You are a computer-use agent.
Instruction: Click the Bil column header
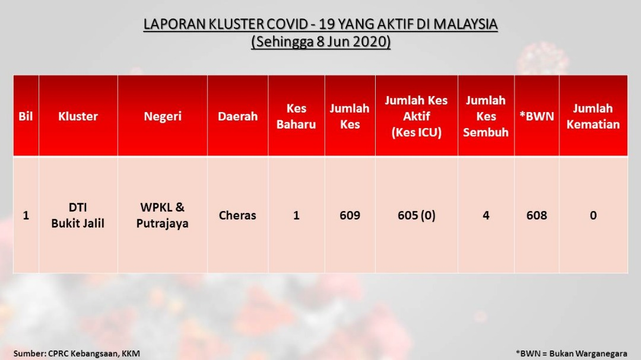[26, 116]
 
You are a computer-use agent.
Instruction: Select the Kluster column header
[78, 116]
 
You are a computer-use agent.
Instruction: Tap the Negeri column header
[162, 116]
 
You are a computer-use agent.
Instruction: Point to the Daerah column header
[237, 116]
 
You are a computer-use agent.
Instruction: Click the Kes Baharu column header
[296, 116]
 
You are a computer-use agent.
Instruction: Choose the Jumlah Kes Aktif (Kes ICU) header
[416, 116]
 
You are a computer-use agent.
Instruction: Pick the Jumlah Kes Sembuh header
[485, 116]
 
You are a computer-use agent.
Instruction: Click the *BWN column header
[537, 116]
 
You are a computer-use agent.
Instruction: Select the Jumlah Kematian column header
[593, 116]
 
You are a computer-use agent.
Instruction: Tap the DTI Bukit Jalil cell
[78, 215]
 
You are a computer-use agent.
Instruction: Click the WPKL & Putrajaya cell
[162, 215]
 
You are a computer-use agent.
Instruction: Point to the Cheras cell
[237, 215]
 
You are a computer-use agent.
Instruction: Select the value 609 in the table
[350, 215]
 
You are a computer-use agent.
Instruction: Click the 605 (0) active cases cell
[417, 215]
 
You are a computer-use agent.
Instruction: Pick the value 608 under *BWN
[537, 215]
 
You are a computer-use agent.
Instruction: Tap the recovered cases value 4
[486, 215]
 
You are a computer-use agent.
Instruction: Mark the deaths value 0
[593, 215]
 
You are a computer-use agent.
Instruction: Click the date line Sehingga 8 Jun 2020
[321, 42]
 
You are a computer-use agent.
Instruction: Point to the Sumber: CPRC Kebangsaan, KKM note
[77, 353]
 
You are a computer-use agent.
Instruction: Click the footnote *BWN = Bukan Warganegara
[572, 353]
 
